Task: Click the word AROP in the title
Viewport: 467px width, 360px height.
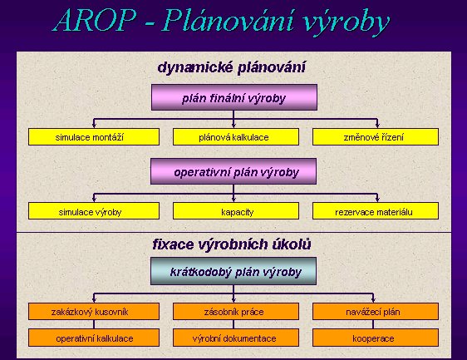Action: (x=95, y=20)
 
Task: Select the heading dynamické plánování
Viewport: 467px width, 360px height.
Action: (x=231, y=67)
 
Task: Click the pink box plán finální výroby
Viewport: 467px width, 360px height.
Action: (x=234, y=97)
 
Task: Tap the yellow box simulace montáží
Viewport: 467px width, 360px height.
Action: (x=94, y=137)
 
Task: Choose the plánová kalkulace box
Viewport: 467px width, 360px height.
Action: (x=236, y=137)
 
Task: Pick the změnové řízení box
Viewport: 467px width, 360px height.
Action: (x=376, y=137)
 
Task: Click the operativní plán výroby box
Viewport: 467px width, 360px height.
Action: (x=233, y=171)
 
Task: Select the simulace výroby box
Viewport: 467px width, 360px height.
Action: (x=94, y=211)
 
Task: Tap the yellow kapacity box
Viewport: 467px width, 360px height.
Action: (x=236, y=211)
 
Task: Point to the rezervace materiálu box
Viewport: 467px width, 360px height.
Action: (x=376, y=211)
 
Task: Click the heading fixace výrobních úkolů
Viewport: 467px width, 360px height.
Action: (x=232, y=244)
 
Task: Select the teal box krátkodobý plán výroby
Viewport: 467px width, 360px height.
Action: (x=233, y=271)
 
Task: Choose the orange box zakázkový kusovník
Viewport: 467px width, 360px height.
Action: (x=94, y=312)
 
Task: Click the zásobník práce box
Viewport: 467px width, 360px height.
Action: (x=236, y=312)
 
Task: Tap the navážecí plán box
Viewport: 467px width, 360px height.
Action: (x=376, y=312)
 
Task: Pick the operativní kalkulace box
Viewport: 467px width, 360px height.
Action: (x=94, y=338)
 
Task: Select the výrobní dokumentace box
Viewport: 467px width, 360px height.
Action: (x=236, y=338)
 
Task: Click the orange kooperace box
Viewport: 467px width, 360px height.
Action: (x=376, y=338)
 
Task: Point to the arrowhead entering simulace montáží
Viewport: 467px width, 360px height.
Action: (x=94, y=126)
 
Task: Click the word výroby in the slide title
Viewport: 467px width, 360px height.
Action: (x=347, y=22)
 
